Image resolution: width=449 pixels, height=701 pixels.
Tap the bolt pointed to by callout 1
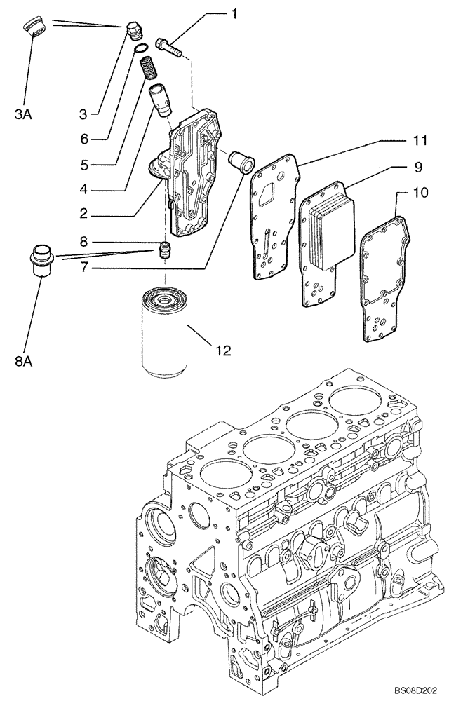168,45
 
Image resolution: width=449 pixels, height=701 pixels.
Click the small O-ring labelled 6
141,48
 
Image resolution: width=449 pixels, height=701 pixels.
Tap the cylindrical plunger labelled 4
161,99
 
